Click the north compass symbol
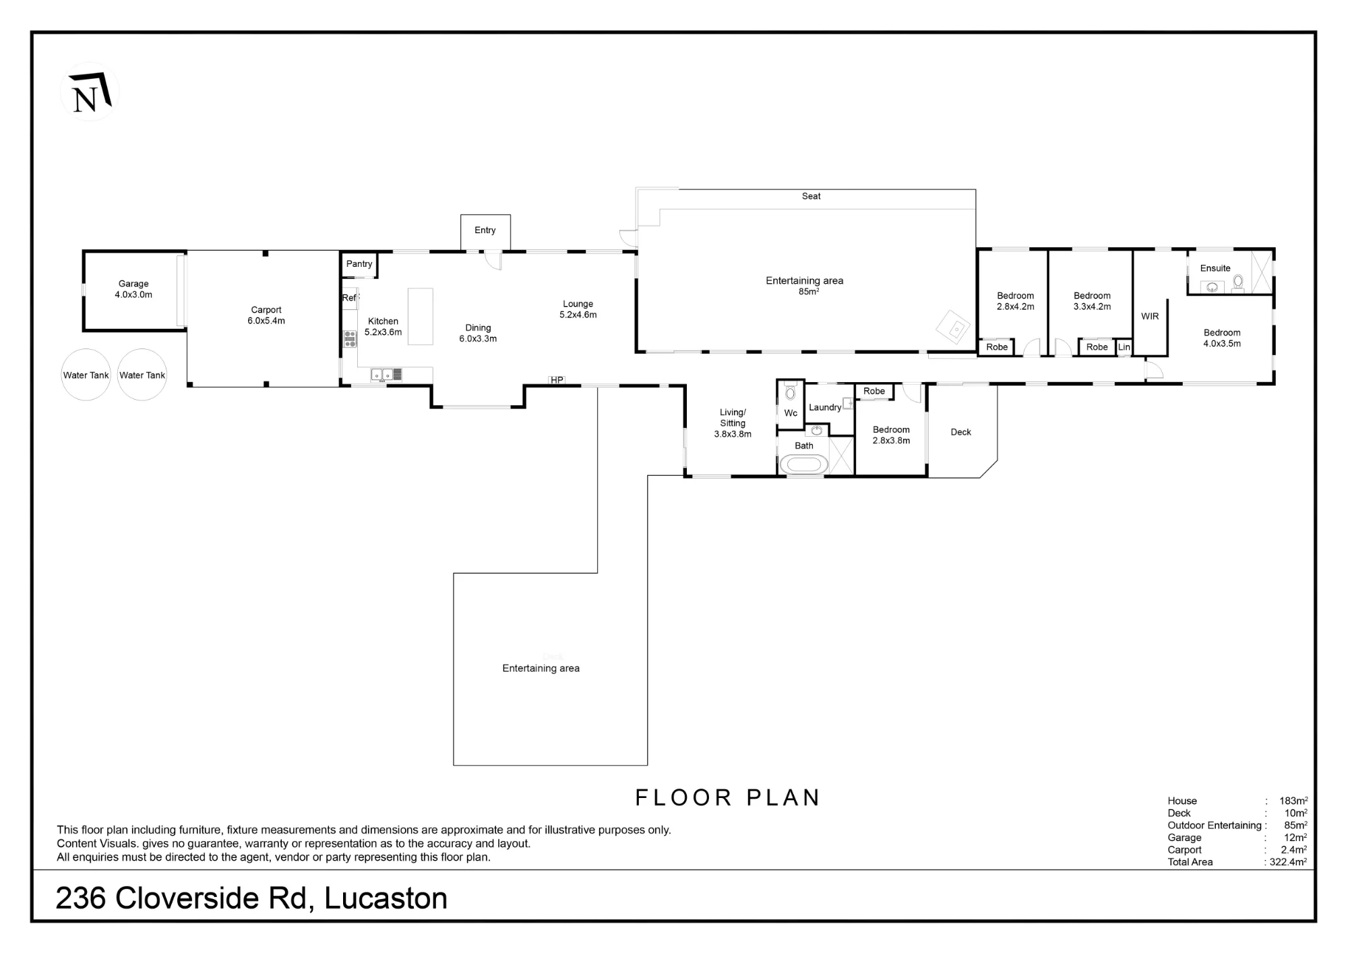90,92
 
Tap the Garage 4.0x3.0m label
133,289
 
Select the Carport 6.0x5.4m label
266,315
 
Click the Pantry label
359,264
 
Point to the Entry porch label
485,230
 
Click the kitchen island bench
421,317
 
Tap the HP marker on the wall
557,380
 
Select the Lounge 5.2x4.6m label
578,309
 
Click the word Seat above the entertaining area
811,196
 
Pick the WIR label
1150,316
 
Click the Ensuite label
1215,268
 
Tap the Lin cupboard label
1124,347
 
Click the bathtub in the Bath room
804,464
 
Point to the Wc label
791,413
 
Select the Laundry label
825,407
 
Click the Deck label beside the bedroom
961,432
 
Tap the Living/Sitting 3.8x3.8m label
733,423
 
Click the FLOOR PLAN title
728,798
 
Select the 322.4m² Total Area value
1288,861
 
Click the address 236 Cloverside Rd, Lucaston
251,898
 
